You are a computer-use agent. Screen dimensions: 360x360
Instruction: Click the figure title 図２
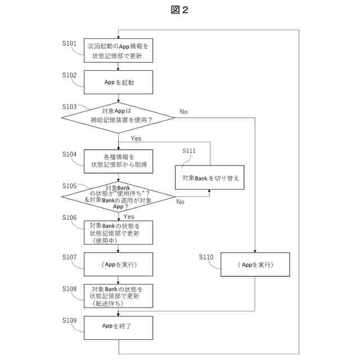(179, 10)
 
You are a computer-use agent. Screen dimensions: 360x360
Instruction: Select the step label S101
(69, 43)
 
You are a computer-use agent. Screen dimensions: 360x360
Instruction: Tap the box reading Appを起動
(118, 82)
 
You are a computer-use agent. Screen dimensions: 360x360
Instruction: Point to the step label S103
(69, 107)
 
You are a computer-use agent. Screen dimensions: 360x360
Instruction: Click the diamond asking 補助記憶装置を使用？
(118, 118)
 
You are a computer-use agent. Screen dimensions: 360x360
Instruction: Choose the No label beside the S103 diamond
(183, 111)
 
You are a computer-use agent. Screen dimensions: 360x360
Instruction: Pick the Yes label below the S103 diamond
(136, 138)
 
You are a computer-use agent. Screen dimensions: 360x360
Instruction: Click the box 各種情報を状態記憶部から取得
(118, 161)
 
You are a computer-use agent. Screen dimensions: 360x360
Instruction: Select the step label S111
(189, 151)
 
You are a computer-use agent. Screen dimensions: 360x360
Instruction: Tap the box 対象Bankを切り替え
(210, 178)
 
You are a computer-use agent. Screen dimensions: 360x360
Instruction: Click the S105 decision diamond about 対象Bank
(118, 197)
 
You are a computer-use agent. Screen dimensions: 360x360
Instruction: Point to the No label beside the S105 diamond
(180, 202)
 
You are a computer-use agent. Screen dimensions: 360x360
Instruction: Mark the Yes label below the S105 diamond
(129, 217)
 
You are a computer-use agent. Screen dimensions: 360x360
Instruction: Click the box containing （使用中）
(118, 232)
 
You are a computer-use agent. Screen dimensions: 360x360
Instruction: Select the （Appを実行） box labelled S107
(118, 264)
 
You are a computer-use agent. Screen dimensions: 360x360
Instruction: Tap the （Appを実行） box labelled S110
(255, 264)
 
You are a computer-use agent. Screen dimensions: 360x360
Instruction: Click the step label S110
(206, 257)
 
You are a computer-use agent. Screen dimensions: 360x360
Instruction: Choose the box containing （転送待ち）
(118, 296)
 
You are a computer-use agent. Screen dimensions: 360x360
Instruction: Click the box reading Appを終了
(118, 328)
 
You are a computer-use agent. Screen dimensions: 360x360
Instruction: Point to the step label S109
(69, 320)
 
